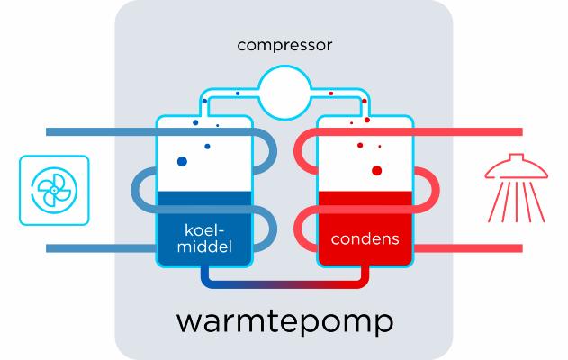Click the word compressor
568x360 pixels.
click(284, 45)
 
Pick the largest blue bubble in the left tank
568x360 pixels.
click(182, 162)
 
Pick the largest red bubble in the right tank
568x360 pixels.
click(376, 169)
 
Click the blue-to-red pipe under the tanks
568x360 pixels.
click(284, 285)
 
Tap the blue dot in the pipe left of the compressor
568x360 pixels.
click(238, 93)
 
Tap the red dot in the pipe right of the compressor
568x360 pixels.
click(331, 93)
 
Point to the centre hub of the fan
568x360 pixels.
click(54, 189)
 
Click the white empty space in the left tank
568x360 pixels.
click(216, 166)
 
